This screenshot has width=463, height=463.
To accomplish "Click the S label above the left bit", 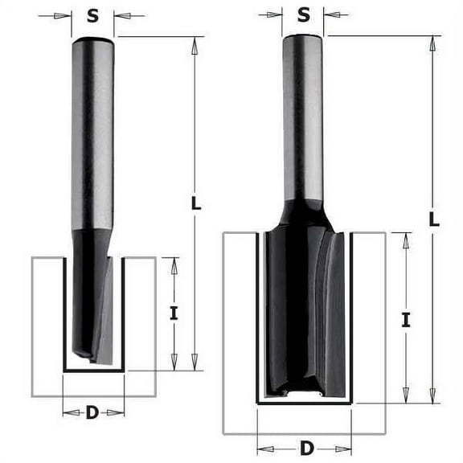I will pos(92,15).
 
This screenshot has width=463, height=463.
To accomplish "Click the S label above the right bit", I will pos(303,14).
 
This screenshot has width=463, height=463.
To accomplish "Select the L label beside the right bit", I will pos(434,219).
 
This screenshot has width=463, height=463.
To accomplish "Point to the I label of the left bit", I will pos(174,313).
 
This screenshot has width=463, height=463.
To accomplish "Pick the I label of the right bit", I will pos(406,320).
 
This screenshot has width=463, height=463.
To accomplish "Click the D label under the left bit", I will pos(92,412).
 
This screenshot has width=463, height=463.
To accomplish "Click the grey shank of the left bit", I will pos(92,137).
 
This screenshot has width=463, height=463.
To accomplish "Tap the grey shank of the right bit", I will pos(303,121).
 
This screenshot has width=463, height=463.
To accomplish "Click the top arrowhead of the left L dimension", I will pos(195,43).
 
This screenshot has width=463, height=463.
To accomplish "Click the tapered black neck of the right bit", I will pos(303,215).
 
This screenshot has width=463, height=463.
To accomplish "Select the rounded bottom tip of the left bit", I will pos(80,351).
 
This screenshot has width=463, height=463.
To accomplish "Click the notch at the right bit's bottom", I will pos(305,393).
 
